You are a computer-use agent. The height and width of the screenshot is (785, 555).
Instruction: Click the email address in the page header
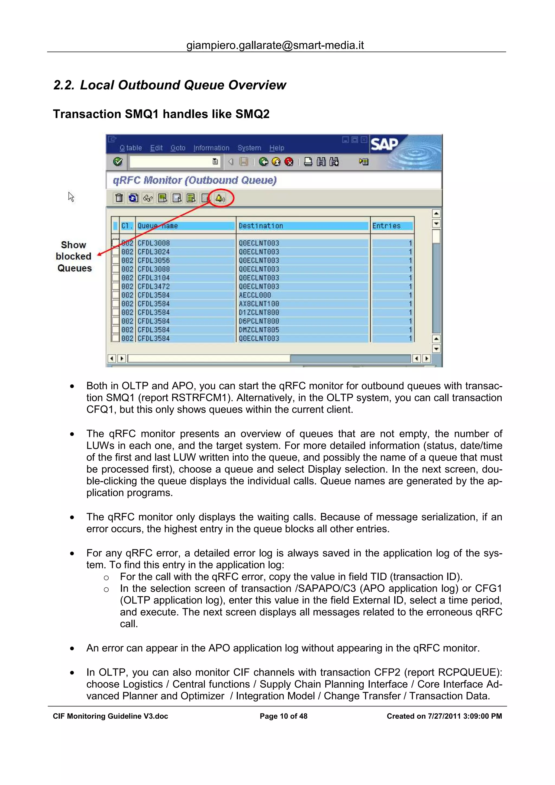275,45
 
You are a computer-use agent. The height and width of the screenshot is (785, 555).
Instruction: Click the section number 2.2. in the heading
64,85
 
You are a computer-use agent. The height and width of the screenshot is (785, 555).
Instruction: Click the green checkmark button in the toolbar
118,162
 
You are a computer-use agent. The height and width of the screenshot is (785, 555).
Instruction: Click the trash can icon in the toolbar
119,198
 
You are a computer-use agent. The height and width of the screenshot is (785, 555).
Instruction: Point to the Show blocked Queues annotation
74,257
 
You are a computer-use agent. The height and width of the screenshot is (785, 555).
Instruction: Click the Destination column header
261,226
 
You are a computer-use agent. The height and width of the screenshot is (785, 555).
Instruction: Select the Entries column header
386,226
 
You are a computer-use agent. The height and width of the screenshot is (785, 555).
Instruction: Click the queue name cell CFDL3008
154,243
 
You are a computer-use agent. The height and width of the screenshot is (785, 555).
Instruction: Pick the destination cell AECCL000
255,295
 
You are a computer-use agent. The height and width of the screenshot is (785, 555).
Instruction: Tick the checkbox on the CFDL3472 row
116,287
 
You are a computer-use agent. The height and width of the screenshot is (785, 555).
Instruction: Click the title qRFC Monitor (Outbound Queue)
195,180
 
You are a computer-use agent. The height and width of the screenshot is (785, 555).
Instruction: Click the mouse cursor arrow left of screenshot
71,197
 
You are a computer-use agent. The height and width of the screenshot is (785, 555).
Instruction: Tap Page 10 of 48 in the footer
283,716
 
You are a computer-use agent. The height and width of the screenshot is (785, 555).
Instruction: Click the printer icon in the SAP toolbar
308,162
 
